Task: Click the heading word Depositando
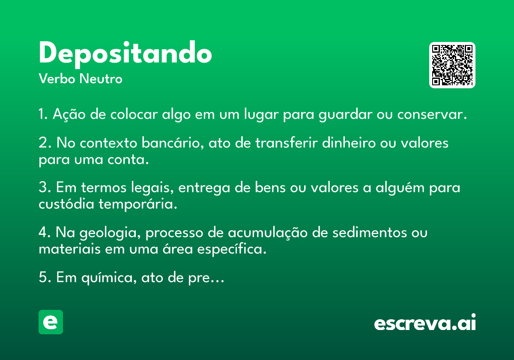pyautogui.click(x=125, y=54)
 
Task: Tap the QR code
pyautogui.click(x=452, y=65)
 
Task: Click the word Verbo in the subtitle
pyautogui.click(x=57, y=79)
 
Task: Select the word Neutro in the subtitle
pyautogui.click(x=101, y=79)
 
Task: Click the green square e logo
pyautogui.click(x=51, y=322)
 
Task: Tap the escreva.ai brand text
pyautogui.click(x=425, y=322)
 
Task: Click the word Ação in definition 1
pyautogui.click(x=69, y=114)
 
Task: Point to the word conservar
pyautogui.click(x=432, y=114)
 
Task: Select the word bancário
pyautogui.click(x=173, y=143)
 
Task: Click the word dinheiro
pyautogui.click(x=349, y=143)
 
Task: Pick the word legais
pyautogui.click(x=152, y=188)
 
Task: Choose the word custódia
pyautogui.click(x=66, y=204)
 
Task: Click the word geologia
pyautogui.click(x=110, y=233)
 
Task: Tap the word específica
pyautogui.click(x=232, y=249)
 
